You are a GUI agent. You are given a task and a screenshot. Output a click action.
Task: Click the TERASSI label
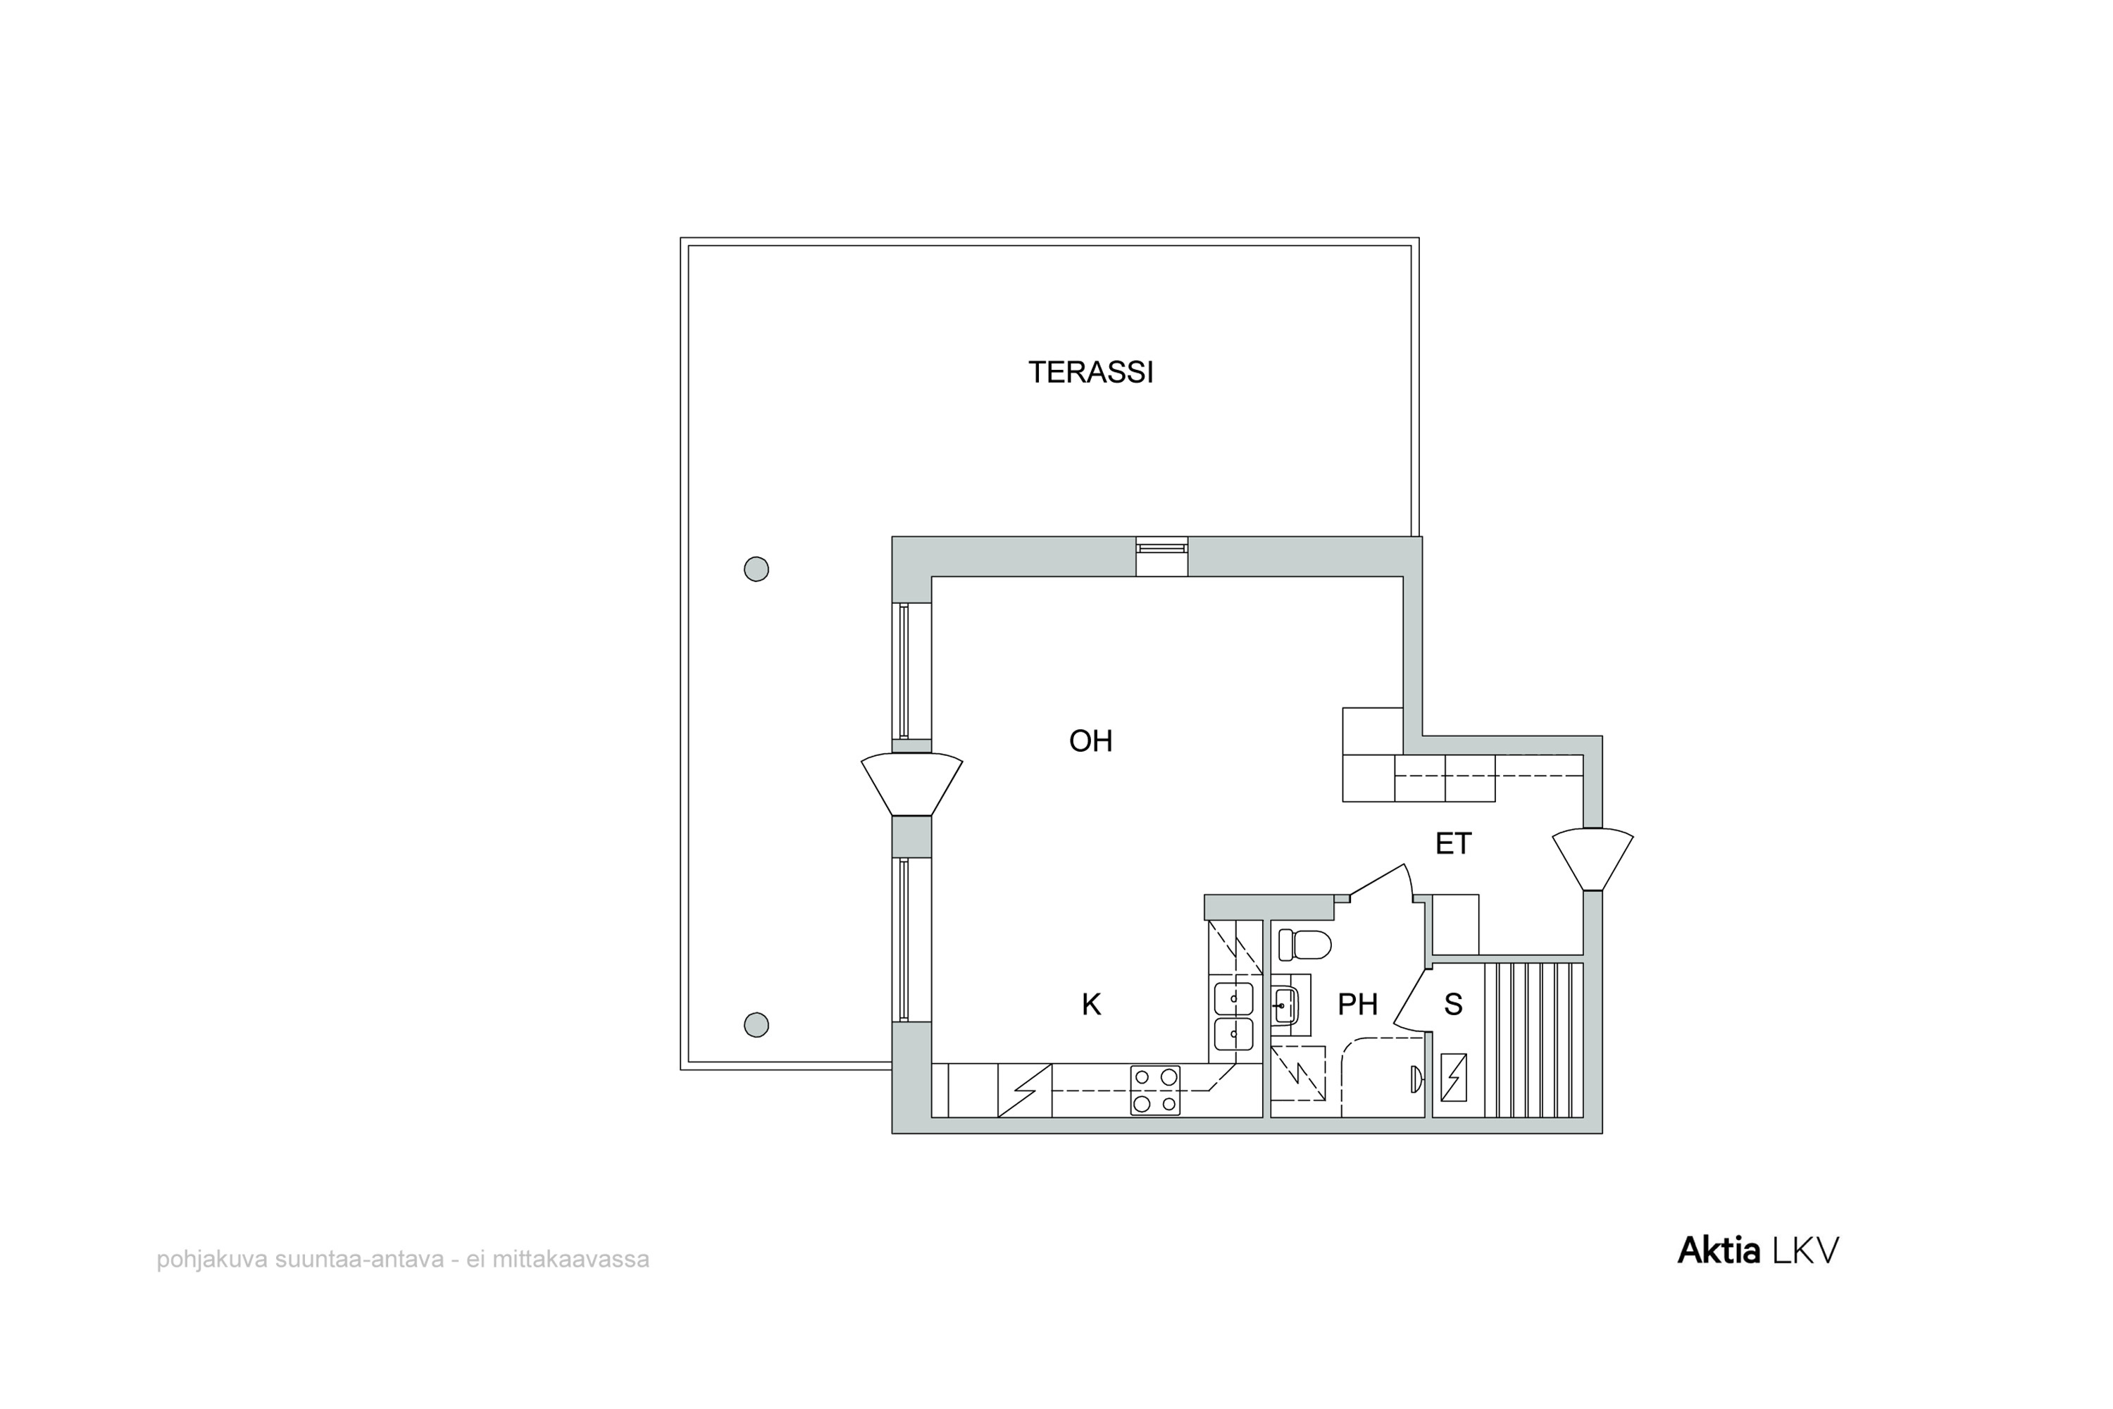(1090, 372)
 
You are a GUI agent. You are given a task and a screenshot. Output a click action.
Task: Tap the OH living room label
(1090, 741)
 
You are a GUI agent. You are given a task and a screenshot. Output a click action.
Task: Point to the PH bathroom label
(1357, 1005)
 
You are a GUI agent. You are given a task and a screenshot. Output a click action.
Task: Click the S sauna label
(1452, 1005)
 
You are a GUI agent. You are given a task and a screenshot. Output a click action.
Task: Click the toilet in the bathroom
(1304, 945)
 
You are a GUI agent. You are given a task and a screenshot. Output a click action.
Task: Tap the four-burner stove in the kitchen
(1155, 1090)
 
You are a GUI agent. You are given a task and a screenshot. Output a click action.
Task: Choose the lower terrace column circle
(756, 1024)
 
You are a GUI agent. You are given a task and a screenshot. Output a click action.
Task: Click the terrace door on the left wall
(912, 783)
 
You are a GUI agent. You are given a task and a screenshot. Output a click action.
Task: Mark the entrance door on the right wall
(1592, 859)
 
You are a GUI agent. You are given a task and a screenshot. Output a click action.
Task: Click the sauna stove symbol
(1454, 1077)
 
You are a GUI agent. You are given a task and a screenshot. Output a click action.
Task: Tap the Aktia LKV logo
(1758, 1251)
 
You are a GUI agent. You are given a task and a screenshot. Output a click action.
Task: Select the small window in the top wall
(1161, 557)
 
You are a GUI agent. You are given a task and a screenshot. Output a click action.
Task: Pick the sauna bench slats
(1533, 1040)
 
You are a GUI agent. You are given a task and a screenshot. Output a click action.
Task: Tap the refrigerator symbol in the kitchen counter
(1025, 1090)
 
